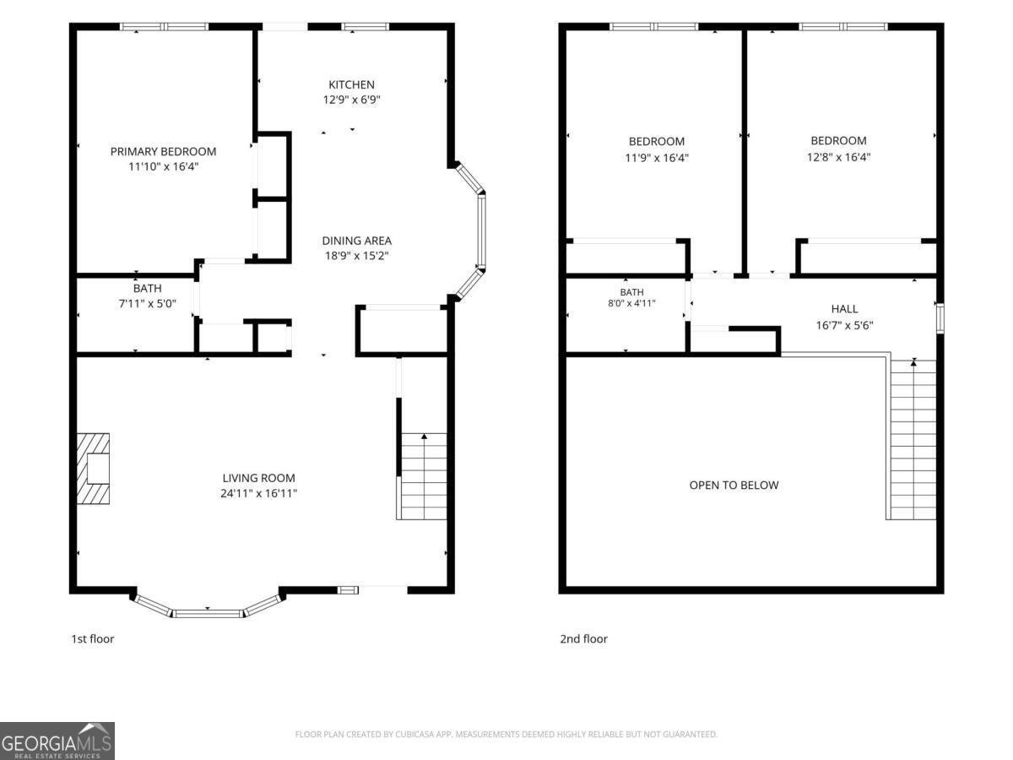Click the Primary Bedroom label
coord(163,151)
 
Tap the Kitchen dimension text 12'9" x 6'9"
coord(351,100)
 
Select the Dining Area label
coord(357,241)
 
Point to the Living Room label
coord(258,478)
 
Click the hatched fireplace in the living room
coord(93,469)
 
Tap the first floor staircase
coord(422,476)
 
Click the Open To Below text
coord(734,485)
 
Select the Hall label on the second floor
coord(844,309)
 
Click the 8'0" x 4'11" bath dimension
coord(631,303)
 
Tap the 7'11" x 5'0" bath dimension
coord(147,304)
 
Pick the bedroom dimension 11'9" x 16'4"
coord(657,158)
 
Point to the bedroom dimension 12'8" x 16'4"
coord(838,157)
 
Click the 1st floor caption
coord(92,638)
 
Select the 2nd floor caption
coord(584,638)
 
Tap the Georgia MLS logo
coord(57,741)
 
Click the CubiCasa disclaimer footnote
coord(506,734)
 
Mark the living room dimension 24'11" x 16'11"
coord(258,493)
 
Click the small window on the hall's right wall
coord(940,318)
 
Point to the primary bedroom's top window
coord(164,26)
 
